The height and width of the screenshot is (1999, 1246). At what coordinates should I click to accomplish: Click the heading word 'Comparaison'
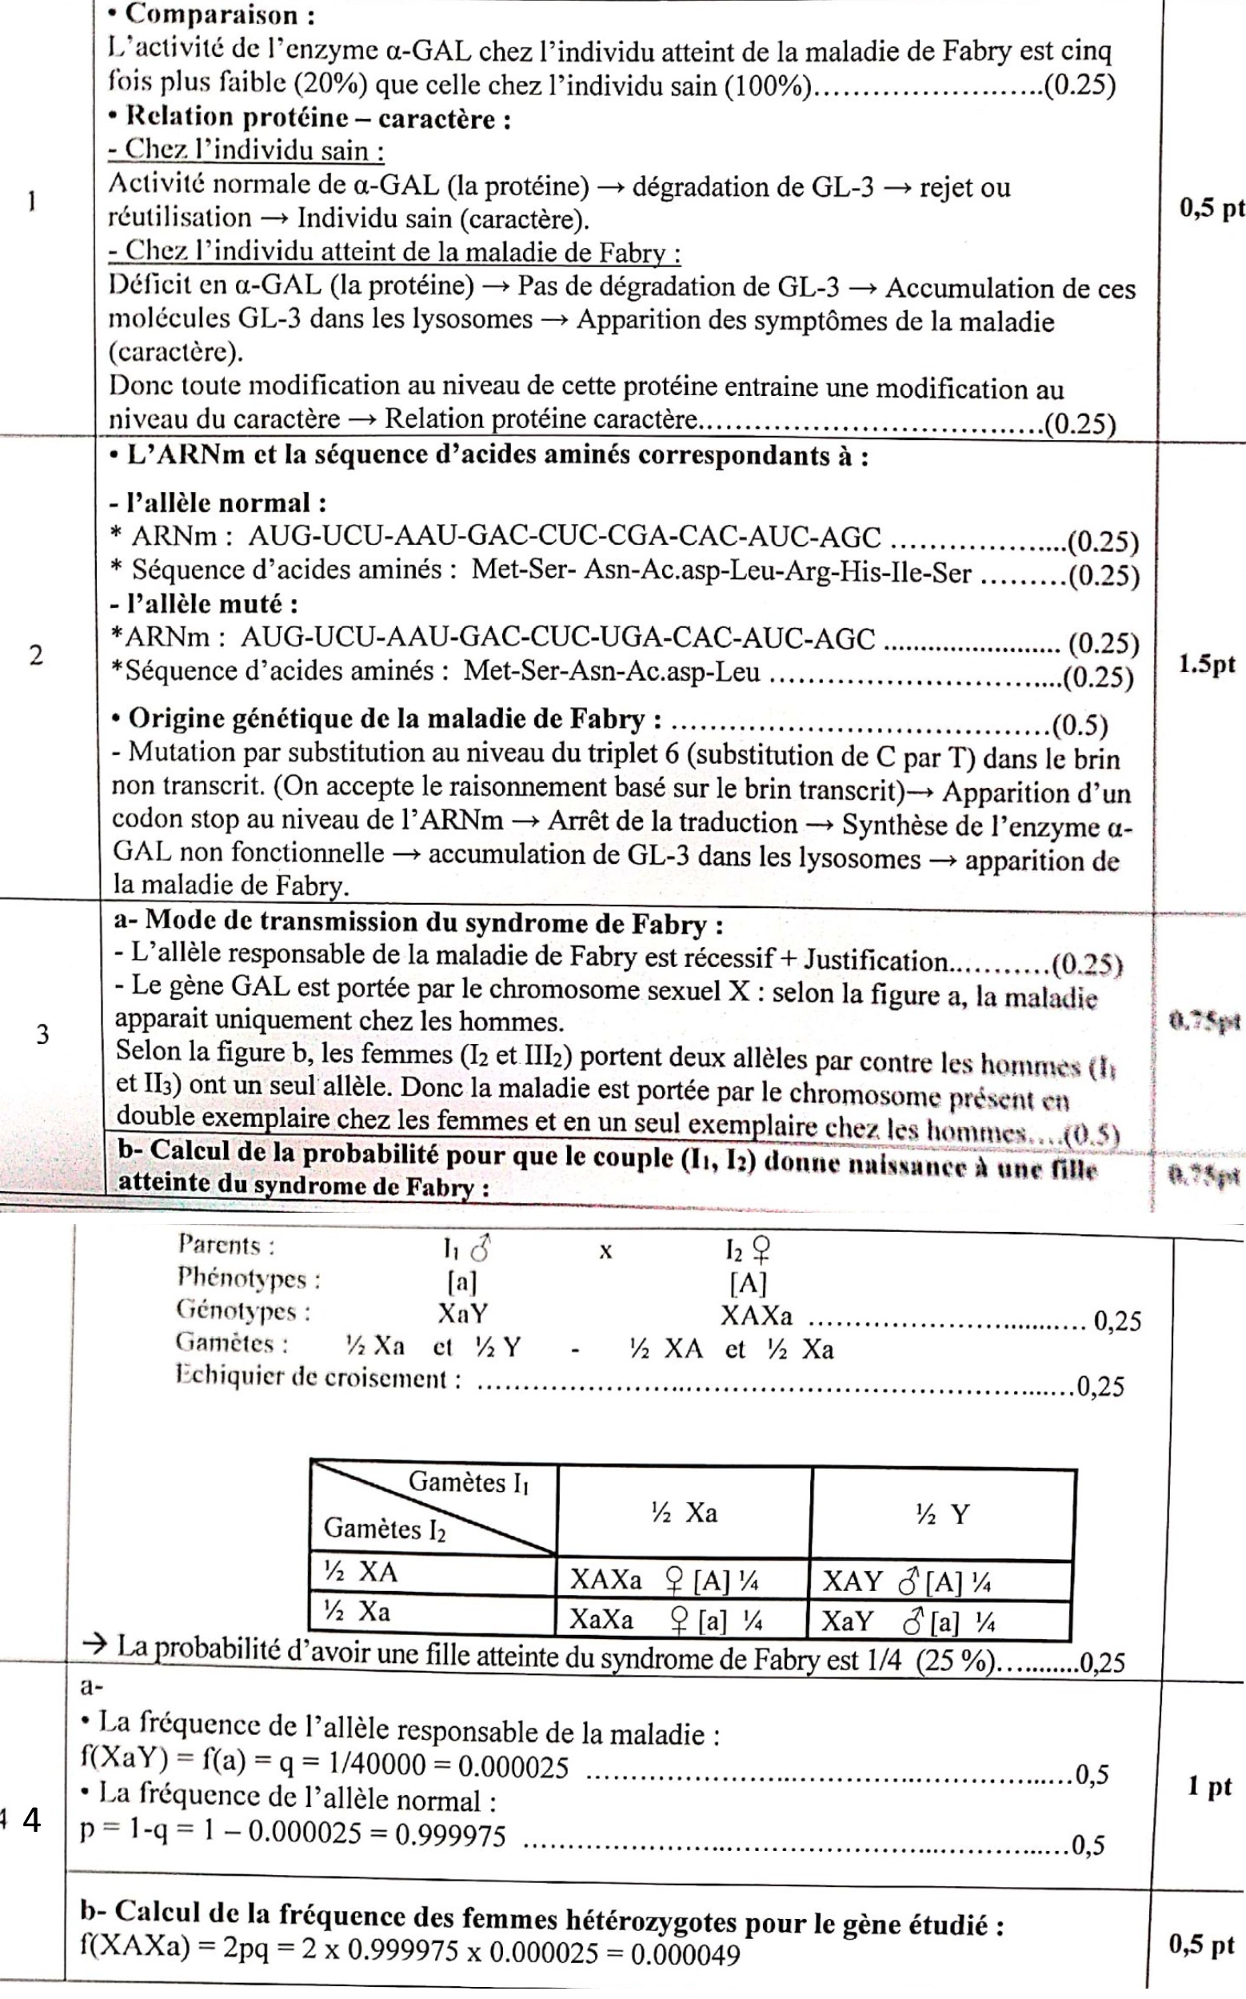click(x=212, y=16)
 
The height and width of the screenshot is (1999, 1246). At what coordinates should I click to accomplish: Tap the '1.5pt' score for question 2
click(x=1208, y=666)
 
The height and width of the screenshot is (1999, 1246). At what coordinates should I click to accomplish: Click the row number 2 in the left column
click(x=35, y=657)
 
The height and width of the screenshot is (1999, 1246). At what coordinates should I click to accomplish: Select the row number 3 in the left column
click(x=42, y=1034)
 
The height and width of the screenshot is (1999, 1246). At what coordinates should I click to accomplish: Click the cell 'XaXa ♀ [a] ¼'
click(x=665, y=1620)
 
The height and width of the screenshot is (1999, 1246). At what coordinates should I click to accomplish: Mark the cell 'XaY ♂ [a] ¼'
click(x=906, y=1621)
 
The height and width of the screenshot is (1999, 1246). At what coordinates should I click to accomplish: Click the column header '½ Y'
click(x=943, y=1513)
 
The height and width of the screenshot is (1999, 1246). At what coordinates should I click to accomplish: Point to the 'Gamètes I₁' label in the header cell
click(x=468, y=1483)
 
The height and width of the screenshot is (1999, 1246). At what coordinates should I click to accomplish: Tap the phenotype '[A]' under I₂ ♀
click(x=748, y=1283)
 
